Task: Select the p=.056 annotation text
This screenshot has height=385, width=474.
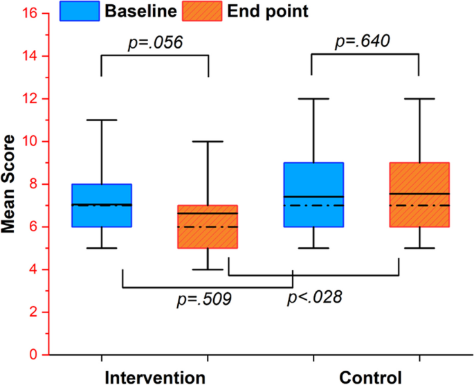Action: click(155, 43)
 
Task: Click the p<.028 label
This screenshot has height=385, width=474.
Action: click(314, 297)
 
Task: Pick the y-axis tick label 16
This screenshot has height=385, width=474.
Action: click(30, 13)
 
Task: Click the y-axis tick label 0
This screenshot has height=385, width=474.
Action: click(33, 355)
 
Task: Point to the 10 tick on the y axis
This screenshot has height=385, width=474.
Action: click(30, 141)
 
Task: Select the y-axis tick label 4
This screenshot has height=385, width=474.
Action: click(33, 269)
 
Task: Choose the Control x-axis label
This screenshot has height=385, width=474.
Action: click(370, 377)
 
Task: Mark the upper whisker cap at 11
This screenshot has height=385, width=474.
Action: click(102, 120)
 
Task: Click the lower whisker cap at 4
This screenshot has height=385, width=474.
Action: click(208, 269)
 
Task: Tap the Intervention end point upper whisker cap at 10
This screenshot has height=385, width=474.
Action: click(208, 141)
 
